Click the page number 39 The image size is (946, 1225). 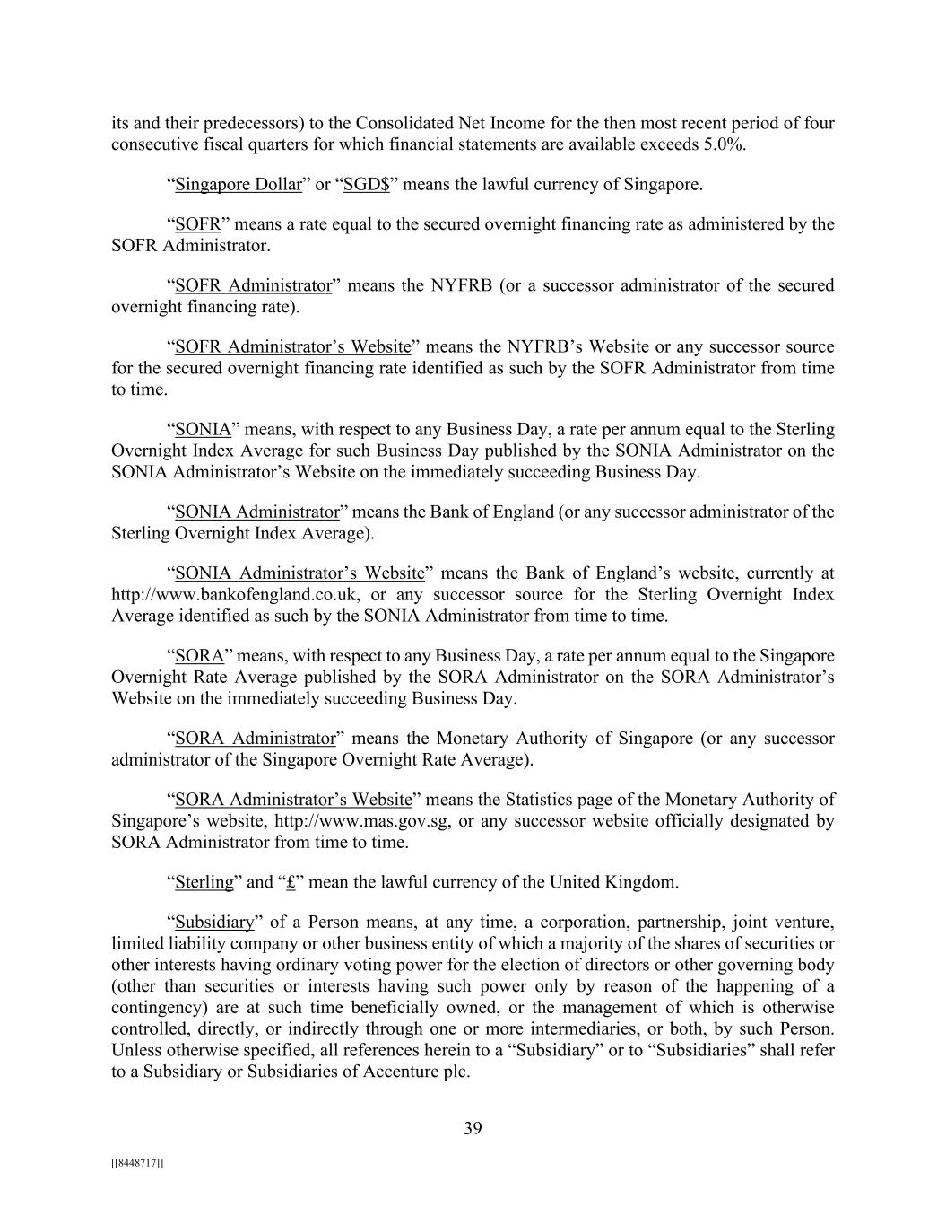(x=473, y=1128)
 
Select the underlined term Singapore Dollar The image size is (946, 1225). (x=239, y=185)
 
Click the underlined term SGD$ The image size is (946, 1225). (x=367, y=185)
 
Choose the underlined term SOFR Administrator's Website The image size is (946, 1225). (x=292, y=346)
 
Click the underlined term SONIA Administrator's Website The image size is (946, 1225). (x=299, y=573)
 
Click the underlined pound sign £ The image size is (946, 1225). (x=291, y=882)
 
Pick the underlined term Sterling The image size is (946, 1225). (x=204, y=882)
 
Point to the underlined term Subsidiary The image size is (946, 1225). (x=215, y=922)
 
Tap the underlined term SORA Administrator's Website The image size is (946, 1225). (x=293, y=800)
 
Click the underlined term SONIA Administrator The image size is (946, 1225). (x=257, y=512)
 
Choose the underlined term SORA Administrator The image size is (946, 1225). (x=255, y=739)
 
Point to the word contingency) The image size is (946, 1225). (x=161, y=1007)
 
